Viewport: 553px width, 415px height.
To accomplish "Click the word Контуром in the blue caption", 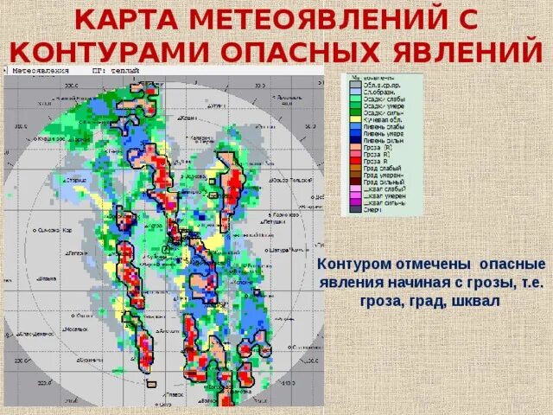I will tap(353, 263).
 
